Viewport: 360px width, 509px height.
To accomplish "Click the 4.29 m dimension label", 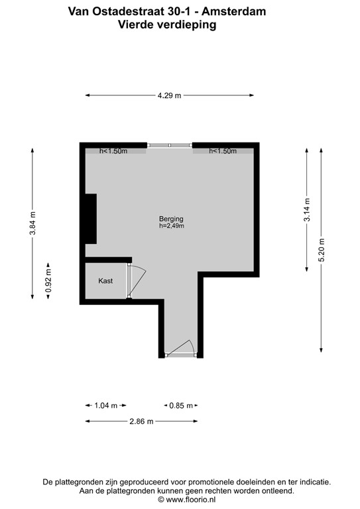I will tap(169, 96).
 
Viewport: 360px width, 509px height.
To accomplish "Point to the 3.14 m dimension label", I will tap(306, 209).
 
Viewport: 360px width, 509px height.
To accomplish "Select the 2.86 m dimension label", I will tap(141, 422).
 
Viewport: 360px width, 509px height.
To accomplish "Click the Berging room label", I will tap(170, 219).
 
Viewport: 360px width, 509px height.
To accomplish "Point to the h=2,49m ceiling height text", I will tap(170, 227).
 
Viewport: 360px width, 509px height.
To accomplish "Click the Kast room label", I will tap(105, 281).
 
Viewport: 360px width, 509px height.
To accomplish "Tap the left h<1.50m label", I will tap(113, 151).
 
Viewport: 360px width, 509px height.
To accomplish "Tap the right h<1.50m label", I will tap(223, 151).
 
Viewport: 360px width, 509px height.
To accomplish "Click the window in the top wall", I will tap(170, 145).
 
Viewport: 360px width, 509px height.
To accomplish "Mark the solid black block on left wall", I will tap(90, 219).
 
